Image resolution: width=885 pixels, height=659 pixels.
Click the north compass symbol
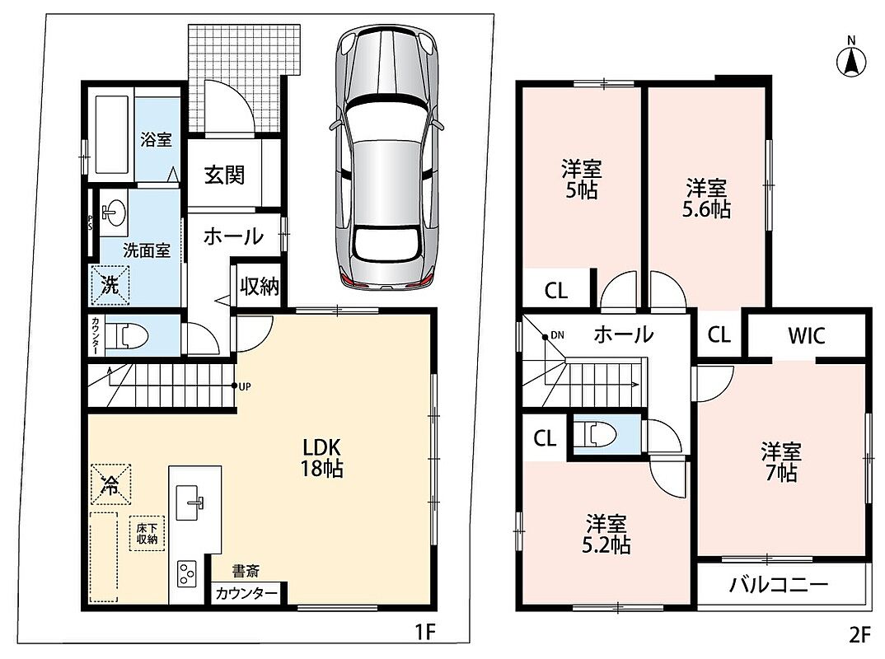(851, 59)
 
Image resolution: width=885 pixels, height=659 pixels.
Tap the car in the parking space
(387, 158)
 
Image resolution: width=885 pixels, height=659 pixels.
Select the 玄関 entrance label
(224, 175)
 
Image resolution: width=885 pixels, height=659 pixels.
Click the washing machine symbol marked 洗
(110, 285)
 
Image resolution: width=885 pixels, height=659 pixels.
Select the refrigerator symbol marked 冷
(110, 484)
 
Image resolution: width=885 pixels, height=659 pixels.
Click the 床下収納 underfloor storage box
(147, 533)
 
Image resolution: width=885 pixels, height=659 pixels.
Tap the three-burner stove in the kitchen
(187, 574)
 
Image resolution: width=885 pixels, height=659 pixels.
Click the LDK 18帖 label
(321, 457)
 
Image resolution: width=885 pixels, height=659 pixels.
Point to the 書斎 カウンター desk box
(246, 593)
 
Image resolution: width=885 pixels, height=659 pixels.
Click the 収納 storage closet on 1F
(259, 286)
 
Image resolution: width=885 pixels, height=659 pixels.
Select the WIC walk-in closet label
(807, 335)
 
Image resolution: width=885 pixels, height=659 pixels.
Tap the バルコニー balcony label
(779, 585)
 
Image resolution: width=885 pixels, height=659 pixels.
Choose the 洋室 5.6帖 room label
(706, 198)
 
